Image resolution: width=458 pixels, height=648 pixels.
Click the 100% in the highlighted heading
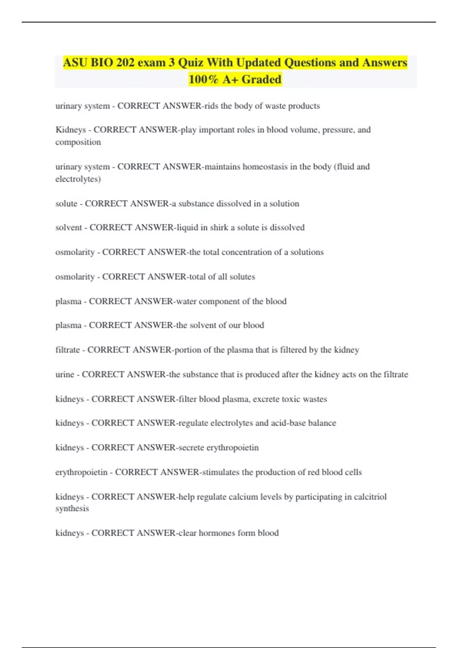point(203,79)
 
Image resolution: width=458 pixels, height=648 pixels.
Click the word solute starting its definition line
point(66,204)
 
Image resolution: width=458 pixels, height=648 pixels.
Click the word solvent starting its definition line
point(69,228)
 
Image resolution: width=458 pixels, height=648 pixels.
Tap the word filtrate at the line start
point(68,350)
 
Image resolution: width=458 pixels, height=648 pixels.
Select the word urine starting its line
point(65,374)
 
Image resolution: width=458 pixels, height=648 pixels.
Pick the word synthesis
point(72,508)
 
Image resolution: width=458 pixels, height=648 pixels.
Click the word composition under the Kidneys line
point(78,142)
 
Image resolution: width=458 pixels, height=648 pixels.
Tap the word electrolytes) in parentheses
point(78,179)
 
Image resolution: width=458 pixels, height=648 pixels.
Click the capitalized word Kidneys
point(71,130)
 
